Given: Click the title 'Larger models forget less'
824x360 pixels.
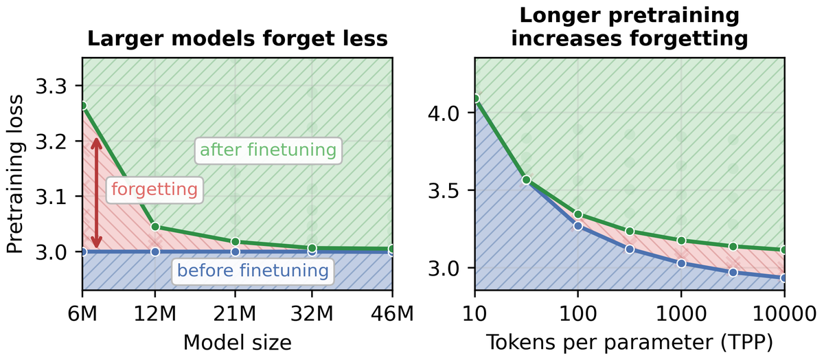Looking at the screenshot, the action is click(x=238, y=38).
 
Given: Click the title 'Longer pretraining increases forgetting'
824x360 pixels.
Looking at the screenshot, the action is click(x=630, y=27).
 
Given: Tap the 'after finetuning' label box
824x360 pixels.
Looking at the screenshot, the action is click(x=268, y=150).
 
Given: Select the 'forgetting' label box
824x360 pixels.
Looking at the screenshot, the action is click(x=154, y=190).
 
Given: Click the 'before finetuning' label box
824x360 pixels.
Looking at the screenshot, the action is click(x=253, y=271).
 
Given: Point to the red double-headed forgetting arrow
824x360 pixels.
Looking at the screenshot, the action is click(x=96, y=193).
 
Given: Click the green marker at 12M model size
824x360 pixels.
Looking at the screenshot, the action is click(x=155, y=227).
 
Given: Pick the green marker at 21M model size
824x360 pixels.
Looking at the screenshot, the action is click(x=236, y=242).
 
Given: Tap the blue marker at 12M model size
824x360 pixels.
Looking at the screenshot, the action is click(x=155, y=251).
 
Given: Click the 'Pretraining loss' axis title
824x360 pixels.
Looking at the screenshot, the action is click(x=15, y=174).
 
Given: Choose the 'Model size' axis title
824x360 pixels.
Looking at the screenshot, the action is click(x=238, y=342).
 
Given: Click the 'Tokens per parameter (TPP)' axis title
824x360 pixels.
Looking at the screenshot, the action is click(x=630, y=342).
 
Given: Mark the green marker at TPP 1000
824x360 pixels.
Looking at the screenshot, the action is click(x=681, y=240).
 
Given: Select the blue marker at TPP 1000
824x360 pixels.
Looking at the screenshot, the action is click(x=681, y=264).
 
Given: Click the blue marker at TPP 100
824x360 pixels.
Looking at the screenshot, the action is click(x=578, y=226).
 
